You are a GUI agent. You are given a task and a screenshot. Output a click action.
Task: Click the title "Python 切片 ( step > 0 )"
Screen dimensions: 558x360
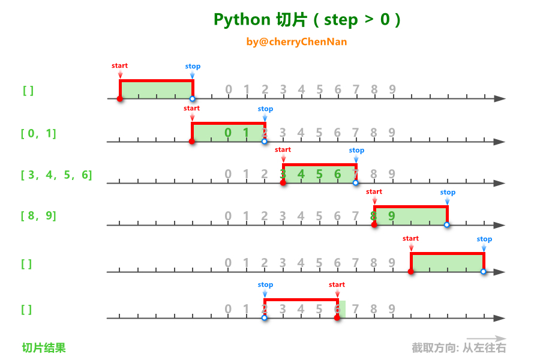pyautogui.click(x=307, y=20)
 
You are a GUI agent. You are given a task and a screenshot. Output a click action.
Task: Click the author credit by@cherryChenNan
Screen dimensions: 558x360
pyautogui.click(x=296, y=42)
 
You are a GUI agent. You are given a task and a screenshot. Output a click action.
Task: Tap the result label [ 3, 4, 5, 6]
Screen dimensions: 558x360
pyautogui.click(x=56, y=175)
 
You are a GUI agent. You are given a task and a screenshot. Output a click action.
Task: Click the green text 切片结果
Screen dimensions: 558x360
pyautogui.click(x=44, y=347)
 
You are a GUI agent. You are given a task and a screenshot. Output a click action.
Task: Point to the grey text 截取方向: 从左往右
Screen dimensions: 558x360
pyautogui.click(x=459, y=348)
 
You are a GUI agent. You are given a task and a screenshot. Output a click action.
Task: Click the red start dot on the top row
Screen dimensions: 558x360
pyautogui.click(x=120, y=98)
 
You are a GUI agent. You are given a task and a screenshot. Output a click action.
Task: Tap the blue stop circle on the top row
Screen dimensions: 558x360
pyautogui.click(x=192, y=98)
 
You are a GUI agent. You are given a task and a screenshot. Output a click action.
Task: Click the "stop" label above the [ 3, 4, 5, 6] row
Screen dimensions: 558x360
pyautogui.click(x=356, y=151)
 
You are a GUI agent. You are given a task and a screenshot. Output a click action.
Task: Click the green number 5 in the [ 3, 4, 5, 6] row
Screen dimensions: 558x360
pyautogui.click(x=320, y=174)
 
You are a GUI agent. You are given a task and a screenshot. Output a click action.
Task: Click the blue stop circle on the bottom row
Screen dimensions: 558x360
pyautogui.click(x=265, y=317)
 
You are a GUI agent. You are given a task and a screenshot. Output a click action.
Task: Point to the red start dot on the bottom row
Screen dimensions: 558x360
pyautogui.click(x=337, y=317)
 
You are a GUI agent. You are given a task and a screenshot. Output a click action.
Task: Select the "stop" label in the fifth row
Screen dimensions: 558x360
pyautogui.click(x=484, y=239)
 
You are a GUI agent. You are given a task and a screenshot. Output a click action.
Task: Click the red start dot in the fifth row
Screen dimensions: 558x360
pyautogui.click(x=411, y=272)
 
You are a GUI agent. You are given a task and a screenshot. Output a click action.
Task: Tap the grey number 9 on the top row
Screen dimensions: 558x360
pyautogui.click(x=392, y=90)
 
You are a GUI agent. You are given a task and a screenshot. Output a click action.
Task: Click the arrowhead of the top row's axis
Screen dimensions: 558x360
pyautogui.click(x=500, y=98)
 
